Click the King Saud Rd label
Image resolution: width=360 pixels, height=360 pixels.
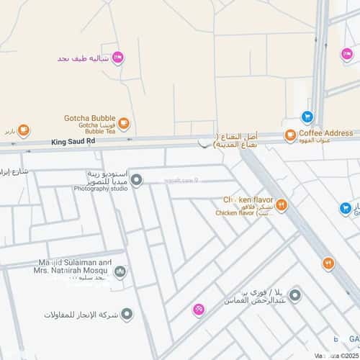point(73,142)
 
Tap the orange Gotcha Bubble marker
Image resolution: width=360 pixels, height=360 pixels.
point(124,124)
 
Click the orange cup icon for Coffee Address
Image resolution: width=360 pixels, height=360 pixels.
point(290,135)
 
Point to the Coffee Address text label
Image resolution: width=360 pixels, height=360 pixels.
point(326,133)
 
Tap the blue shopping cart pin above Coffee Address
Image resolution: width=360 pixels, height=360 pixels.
point(307,116)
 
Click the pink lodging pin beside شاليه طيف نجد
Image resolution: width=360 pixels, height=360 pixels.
point(117,58)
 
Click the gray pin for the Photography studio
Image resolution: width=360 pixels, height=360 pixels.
point(136,179)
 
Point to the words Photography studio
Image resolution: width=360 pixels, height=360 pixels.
point(101,189)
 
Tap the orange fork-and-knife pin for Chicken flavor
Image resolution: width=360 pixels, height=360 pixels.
point(282,205)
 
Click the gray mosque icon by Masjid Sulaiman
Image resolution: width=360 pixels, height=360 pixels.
point(120,272)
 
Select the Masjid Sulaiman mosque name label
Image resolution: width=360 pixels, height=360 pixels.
point(75,267)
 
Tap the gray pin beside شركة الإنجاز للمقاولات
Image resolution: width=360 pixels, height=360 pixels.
point(127,314)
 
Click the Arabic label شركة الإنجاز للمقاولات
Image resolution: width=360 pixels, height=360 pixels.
point(78,315)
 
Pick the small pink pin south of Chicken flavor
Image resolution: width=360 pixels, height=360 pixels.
point(199,310)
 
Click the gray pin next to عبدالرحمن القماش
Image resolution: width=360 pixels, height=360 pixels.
point(294,294)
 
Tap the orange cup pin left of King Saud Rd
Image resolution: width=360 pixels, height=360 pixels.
point(23,130)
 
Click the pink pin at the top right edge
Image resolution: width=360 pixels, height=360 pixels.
point(346,54)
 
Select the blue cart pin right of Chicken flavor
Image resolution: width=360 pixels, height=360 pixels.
point(346,208)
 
